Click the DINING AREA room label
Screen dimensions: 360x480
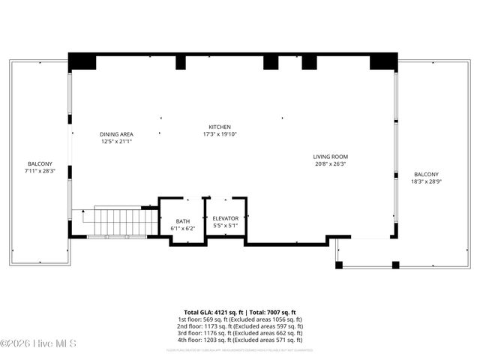coord(116,134)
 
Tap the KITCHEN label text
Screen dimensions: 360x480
coord(220,127)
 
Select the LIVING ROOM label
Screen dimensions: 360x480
coord(331,157)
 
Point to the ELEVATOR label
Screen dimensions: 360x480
coord(226,218)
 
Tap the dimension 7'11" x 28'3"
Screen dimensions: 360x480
coord(40,171)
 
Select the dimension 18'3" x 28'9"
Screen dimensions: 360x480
coord(427,181)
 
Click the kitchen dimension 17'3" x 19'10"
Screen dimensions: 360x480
coord(220,134)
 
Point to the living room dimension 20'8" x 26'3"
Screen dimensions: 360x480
coord(331,164)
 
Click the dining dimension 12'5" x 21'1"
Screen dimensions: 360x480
coord(116,142)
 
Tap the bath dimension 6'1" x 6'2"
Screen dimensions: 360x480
coord(181,228)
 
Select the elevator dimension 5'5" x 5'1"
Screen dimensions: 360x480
coord(226,225)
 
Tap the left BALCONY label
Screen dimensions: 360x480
coord(40,163)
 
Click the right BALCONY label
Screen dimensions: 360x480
coord(427,173)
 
